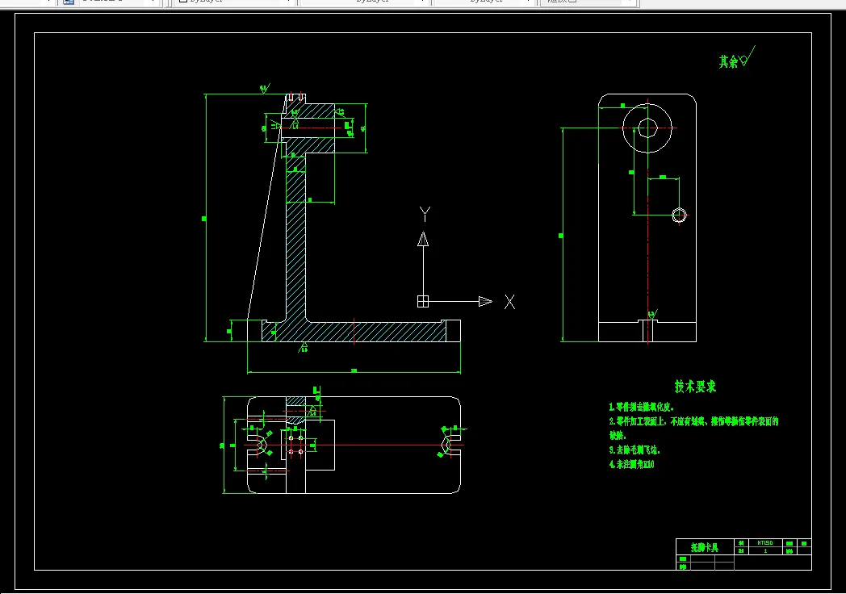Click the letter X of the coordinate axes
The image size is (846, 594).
509,302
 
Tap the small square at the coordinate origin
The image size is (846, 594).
421,301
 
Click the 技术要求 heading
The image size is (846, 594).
696,387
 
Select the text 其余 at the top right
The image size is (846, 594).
728,61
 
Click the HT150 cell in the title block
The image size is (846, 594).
764,543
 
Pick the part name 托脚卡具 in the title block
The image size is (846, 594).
705,547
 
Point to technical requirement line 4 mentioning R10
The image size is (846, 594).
631,464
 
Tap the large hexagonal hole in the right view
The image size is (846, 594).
647,128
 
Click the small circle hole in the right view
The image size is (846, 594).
680,214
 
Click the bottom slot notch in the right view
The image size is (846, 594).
648,329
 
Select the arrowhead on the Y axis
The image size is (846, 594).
422,239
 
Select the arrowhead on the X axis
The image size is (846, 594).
484,301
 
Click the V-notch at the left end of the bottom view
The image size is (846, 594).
258,444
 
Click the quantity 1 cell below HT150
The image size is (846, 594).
764,551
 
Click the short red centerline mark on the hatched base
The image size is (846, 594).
354,330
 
